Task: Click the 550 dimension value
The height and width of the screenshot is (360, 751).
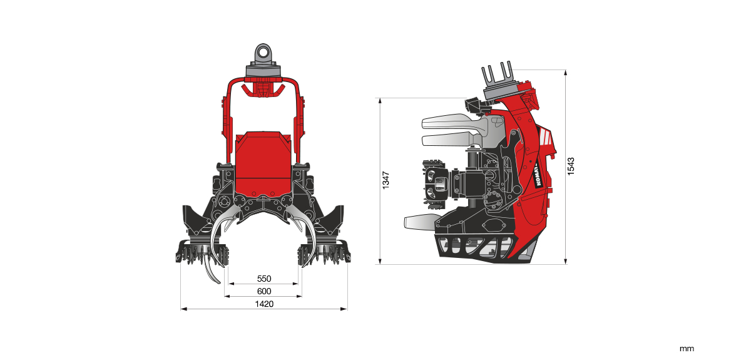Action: tap(263, 279)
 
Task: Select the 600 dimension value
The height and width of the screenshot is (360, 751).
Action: tap(263, 291)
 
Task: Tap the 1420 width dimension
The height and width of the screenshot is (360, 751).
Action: tap(263, 304)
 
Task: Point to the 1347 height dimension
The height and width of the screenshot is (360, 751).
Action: tap(387, 180)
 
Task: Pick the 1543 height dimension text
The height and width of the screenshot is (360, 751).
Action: tap(571, 166)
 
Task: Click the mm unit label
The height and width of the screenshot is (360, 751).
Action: tap(687, 349)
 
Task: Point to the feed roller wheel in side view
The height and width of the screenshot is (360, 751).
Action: tap(436, 183)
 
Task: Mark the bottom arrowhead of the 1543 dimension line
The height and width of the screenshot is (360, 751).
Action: tap(566, 262)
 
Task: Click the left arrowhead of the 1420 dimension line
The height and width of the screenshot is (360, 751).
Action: tap(183, 308)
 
